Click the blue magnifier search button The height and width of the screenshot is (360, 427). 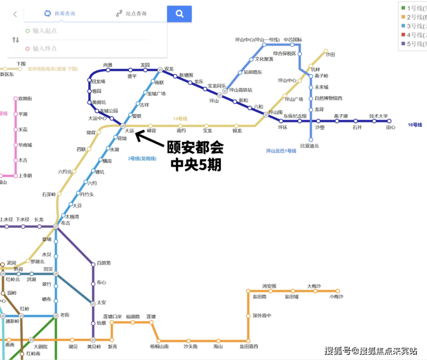179,13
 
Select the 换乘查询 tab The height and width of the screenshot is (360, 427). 60,13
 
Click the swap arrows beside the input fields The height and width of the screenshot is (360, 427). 16,40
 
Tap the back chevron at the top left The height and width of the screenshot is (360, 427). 15,14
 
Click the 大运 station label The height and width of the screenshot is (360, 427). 129,131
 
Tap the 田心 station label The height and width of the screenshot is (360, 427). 391,127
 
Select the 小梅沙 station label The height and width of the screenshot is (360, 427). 336,297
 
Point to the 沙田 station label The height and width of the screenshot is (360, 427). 330,54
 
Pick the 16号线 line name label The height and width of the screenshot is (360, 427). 415,125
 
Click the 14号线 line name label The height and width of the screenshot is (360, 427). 181,119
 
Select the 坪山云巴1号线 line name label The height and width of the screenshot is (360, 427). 284,151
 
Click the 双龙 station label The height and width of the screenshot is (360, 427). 168,69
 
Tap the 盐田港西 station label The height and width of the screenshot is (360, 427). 249,346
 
